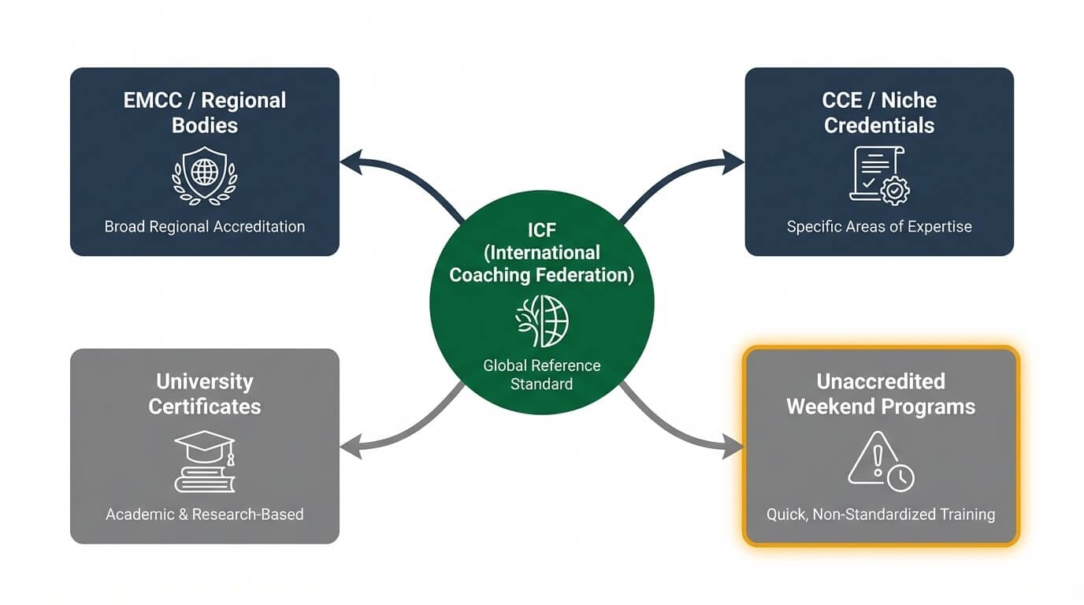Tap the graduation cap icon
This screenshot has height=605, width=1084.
[x=205, y=461]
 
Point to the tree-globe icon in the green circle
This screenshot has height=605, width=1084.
[x=542, y=321]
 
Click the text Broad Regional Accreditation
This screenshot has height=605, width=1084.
[x=205, y=227]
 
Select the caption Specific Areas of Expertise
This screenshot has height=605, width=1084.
[x=879, y=227]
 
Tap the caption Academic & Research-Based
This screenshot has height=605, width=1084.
[x=205, y=514]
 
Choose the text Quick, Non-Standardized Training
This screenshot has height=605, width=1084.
[x=881, y=514]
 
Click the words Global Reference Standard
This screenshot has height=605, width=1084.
[x=542, y=375]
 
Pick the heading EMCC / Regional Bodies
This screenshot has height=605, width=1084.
[x=205, y=113]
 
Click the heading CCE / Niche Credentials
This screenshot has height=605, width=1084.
[x=879, y=113]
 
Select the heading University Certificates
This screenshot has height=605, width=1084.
[x=205, y=394]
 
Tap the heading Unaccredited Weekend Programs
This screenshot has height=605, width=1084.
[x=881, y=394]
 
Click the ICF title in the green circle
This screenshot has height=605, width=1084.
[x=542, y=252]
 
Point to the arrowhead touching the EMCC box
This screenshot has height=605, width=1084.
[x=348, y=162]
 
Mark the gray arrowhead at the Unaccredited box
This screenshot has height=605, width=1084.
[x=734, y=449]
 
